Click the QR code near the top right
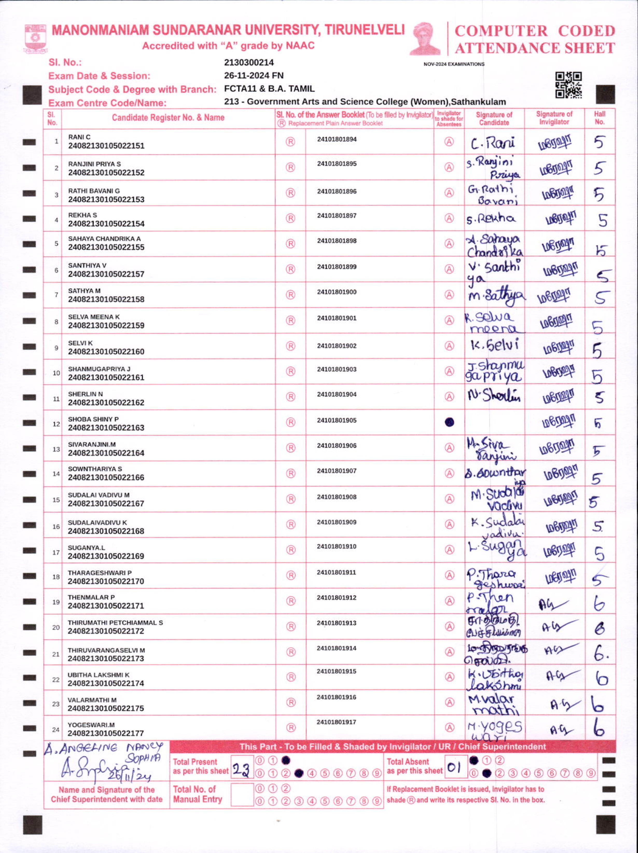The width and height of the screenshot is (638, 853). point(568,85)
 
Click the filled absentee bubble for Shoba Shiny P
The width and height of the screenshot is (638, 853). point(449,422)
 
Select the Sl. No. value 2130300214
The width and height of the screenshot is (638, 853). point(249,63)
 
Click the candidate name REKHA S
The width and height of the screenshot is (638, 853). point(82,215)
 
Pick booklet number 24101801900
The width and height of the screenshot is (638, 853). point(337,292)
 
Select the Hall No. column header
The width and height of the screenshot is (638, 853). point(599,118)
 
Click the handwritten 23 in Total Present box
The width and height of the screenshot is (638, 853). point(241,770)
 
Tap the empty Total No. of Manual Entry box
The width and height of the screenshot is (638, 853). point(242,794)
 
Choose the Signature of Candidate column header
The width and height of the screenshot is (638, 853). point(494,118)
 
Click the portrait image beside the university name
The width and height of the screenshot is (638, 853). point(425,39)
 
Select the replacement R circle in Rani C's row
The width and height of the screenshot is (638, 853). point(290,142)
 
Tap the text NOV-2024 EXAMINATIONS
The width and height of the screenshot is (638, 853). point(454,64)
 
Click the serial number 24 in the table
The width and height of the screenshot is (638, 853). point(56,729)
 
